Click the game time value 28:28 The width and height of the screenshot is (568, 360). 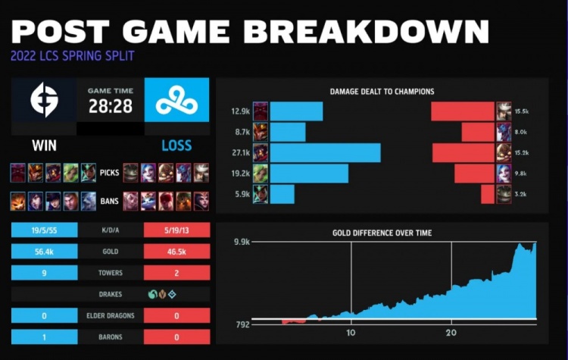[x=111, y=106]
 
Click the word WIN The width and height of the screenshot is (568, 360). [x=44, y=145]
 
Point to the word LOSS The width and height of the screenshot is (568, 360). [x=176, y=145]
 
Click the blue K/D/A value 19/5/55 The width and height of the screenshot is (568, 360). [x=44, y=228]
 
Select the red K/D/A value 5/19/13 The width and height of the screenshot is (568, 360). [x=176, y=228]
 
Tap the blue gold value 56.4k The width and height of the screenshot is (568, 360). [x=44, y=250]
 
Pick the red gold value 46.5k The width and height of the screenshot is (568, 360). [x=176, y=250]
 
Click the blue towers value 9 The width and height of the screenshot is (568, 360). [x=44, y=272]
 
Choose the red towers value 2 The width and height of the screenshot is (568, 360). [x=176, y=272]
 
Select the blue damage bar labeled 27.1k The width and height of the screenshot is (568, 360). [x=325, y=153]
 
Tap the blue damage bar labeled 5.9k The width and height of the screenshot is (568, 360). [x=282, y=195]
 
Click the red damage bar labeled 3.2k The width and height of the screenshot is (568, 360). [x=487, y=195]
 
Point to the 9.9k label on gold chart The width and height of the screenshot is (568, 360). [x=241, y=242]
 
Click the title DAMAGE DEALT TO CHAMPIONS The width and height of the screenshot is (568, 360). [x=382, y=92]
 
